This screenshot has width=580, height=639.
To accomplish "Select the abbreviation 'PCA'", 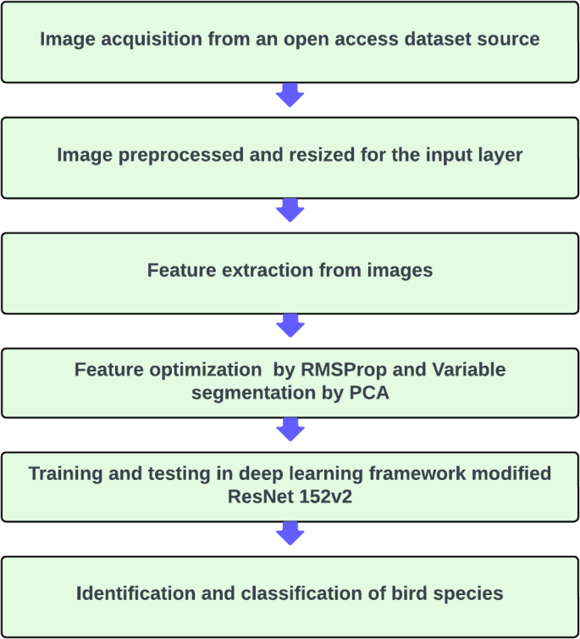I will (x=369, y=394).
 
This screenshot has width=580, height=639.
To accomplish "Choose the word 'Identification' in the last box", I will (x=135, y=593).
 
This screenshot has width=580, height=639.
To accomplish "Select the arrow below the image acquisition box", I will (x=290, y=96).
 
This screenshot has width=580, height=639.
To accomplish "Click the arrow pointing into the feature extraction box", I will (x=290, y=211).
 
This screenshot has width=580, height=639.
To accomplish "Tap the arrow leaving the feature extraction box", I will (x=290, y=326).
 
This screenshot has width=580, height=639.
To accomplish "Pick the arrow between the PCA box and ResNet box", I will (x=290, y=430).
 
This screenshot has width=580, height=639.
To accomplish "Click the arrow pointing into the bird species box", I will (x=290, y=533).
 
